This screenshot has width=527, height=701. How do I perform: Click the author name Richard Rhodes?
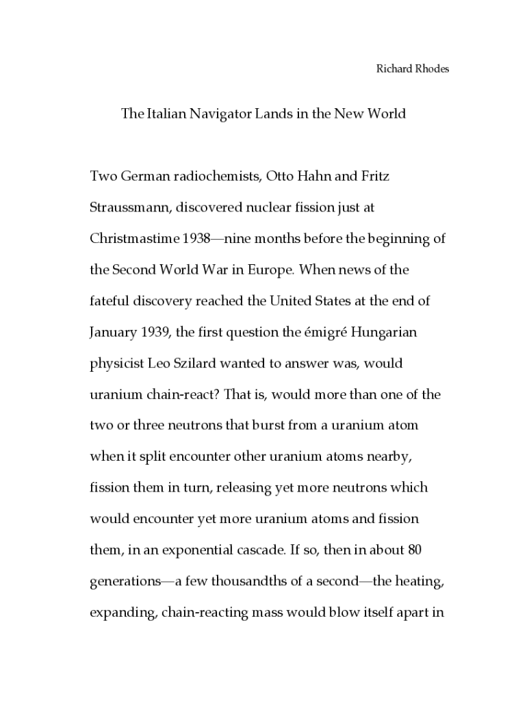(x=413, y=69)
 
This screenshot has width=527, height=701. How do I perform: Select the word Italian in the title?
(x=165, y=114)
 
